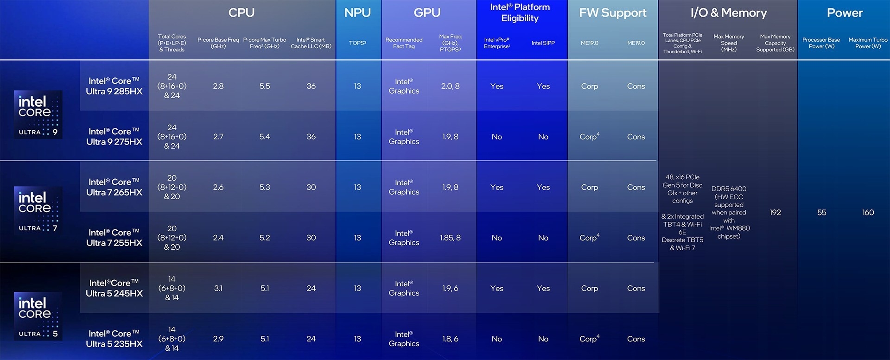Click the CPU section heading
click(242, 13)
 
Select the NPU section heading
click(357, 13)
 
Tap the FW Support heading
click(612, 13)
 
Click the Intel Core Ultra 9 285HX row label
click(114, 86)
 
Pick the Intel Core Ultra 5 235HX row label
click(114, 339)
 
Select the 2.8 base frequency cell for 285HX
click(218, 86)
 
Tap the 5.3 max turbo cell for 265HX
click(265, 187)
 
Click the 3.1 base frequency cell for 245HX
click(218, 288)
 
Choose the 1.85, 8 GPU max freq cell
click(450, 238)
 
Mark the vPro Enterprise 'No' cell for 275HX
click(496, 137)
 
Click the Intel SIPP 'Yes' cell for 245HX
click(543, 288)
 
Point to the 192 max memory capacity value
click(775, 212)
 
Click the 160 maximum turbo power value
click(868, 212)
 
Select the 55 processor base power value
click(821, 212)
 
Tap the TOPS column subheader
click(357, 43)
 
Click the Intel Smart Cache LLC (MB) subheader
click(311, 43)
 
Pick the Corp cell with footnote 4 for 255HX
click(589, 238)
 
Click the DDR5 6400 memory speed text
click(729, 189)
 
